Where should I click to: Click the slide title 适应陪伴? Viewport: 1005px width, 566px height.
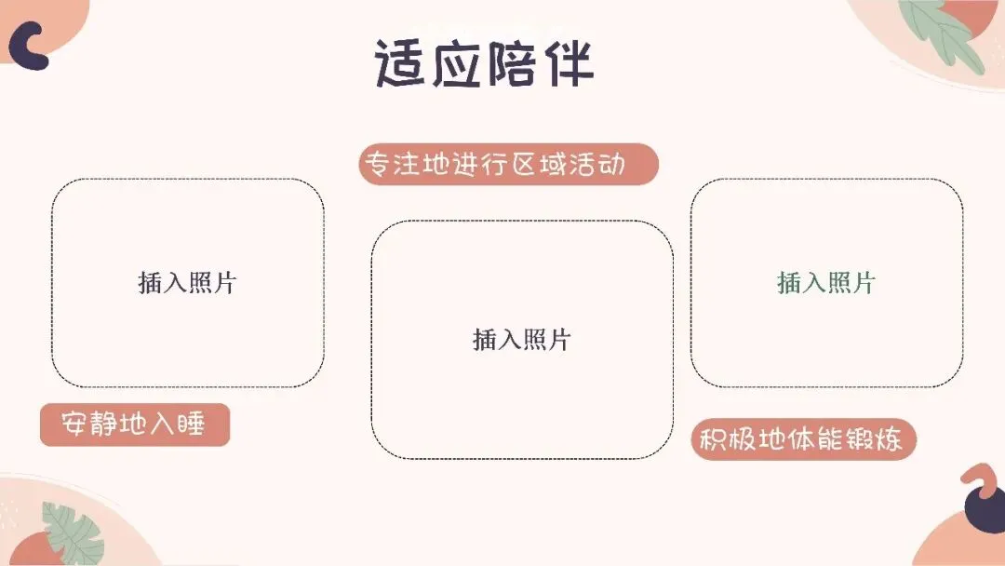click(x=484, y=63)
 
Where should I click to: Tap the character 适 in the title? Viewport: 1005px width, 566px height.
click(x=403, y=63)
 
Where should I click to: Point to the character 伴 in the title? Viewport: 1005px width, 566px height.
click(x=566, y=63)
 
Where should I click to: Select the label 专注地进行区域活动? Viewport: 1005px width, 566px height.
click(x=508, y=165)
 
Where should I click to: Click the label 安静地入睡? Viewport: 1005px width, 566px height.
click(x=134, y=425)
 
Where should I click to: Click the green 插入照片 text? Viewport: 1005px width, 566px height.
click(x=826, y=282)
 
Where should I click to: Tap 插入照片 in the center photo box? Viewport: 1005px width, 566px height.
click(x=521, y=340)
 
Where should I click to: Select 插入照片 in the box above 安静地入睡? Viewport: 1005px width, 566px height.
click(x=187, y=282)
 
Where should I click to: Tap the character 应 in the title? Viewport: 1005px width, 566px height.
click(x=457, y=63)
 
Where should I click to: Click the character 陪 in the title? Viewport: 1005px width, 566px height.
click(x=512, y=63)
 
